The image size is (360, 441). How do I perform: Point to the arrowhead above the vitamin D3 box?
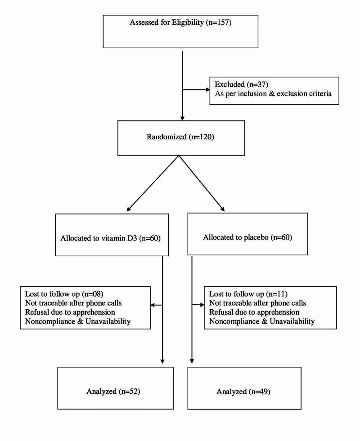pos(128,209)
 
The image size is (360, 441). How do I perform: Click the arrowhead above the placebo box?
pos(223,209)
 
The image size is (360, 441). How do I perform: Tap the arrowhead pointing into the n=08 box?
pos(151,305)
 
